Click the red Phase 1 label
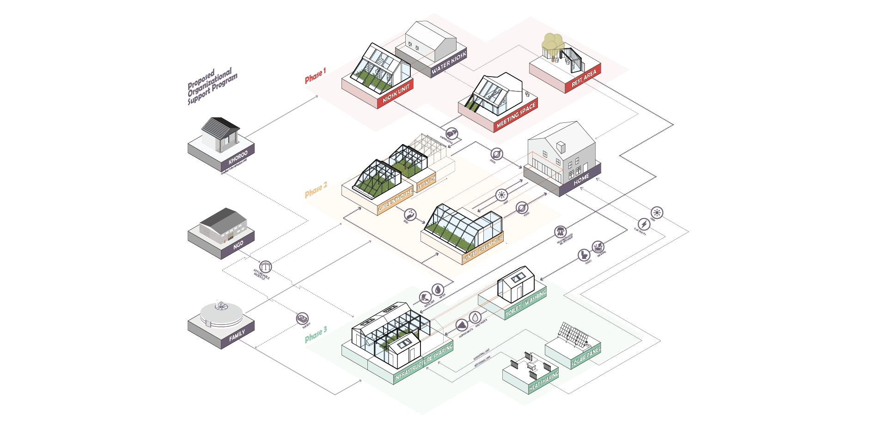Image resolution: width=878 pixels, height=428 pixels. coord(315,76)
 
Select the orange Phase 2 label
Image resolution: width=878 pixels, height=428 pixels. coord(316,189)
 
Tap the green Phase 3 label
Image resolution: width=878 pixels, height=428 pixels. coord(316,334)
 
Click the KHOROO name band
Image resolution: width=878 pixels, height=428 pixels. coord(238,158)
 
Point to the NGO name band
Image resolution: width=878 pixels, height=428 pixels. coord(238,245)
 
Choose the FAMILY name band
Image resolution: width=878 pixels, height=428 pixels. coord(237,336)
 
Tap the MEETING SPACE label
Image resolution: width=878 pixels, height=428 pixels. coord(516,116)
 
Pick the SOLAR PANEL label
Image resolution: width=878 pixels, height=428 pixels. coord(585,357)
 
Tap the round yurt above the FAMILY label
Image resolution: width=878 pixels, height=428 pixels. coord(221,314)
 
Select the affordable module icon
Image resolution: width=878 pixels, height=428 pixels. coord(265,266)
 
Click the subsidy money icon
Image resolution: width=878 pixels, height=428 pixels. coord(302,319)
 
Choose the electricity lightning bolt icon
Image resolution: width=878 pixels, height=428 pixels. coord(644,224)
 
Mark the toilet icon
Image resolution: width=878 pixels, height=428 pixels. coord(584,254)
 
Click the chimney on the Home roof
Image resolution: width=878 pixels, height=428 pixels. coord(561,147)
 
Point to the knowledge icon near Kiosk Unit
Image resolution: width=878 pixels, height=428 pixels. coord(451,134)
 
